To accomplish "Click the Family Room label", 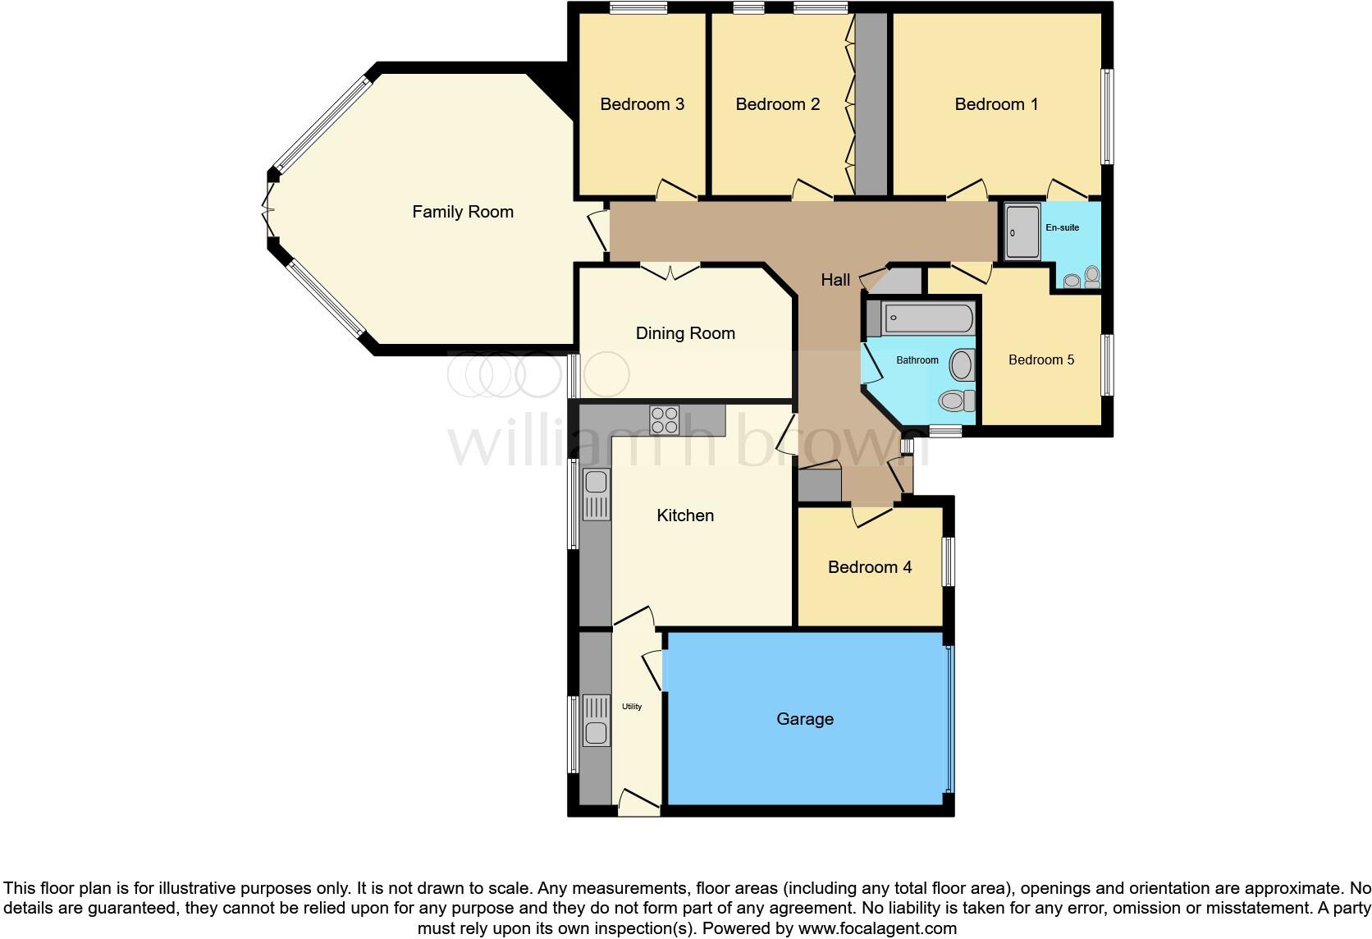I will point(463,212).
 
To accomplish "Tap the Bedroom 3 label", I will point(642,104).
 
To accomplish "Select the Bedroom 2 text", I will point(777,104).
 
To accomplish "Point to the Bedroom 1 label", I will point(996,104).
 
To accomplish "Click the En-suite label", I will point(1062,227).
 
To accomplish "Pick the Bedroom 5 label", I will point(1040,360).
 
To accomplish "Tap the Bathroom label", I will point(917,360).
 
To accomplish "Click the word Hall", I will point(835,280).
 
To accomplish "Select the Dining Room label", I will point(685,333).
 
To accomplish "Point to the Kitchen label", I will point(685,515).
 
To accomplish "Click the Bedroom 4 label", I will point(870,567).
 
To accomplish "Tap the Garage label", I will point(805,719).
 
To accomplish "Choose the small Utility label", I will point(632,706).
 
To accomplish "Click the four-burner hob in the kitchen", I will point(664,420).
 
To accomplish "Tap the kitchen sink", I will point(596,494).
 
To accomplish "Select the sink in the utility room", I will point(597,721).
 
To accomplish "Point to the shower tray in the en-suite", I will point(1022,232).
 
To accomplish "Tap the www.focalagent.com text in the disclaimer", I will point(877,929).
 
